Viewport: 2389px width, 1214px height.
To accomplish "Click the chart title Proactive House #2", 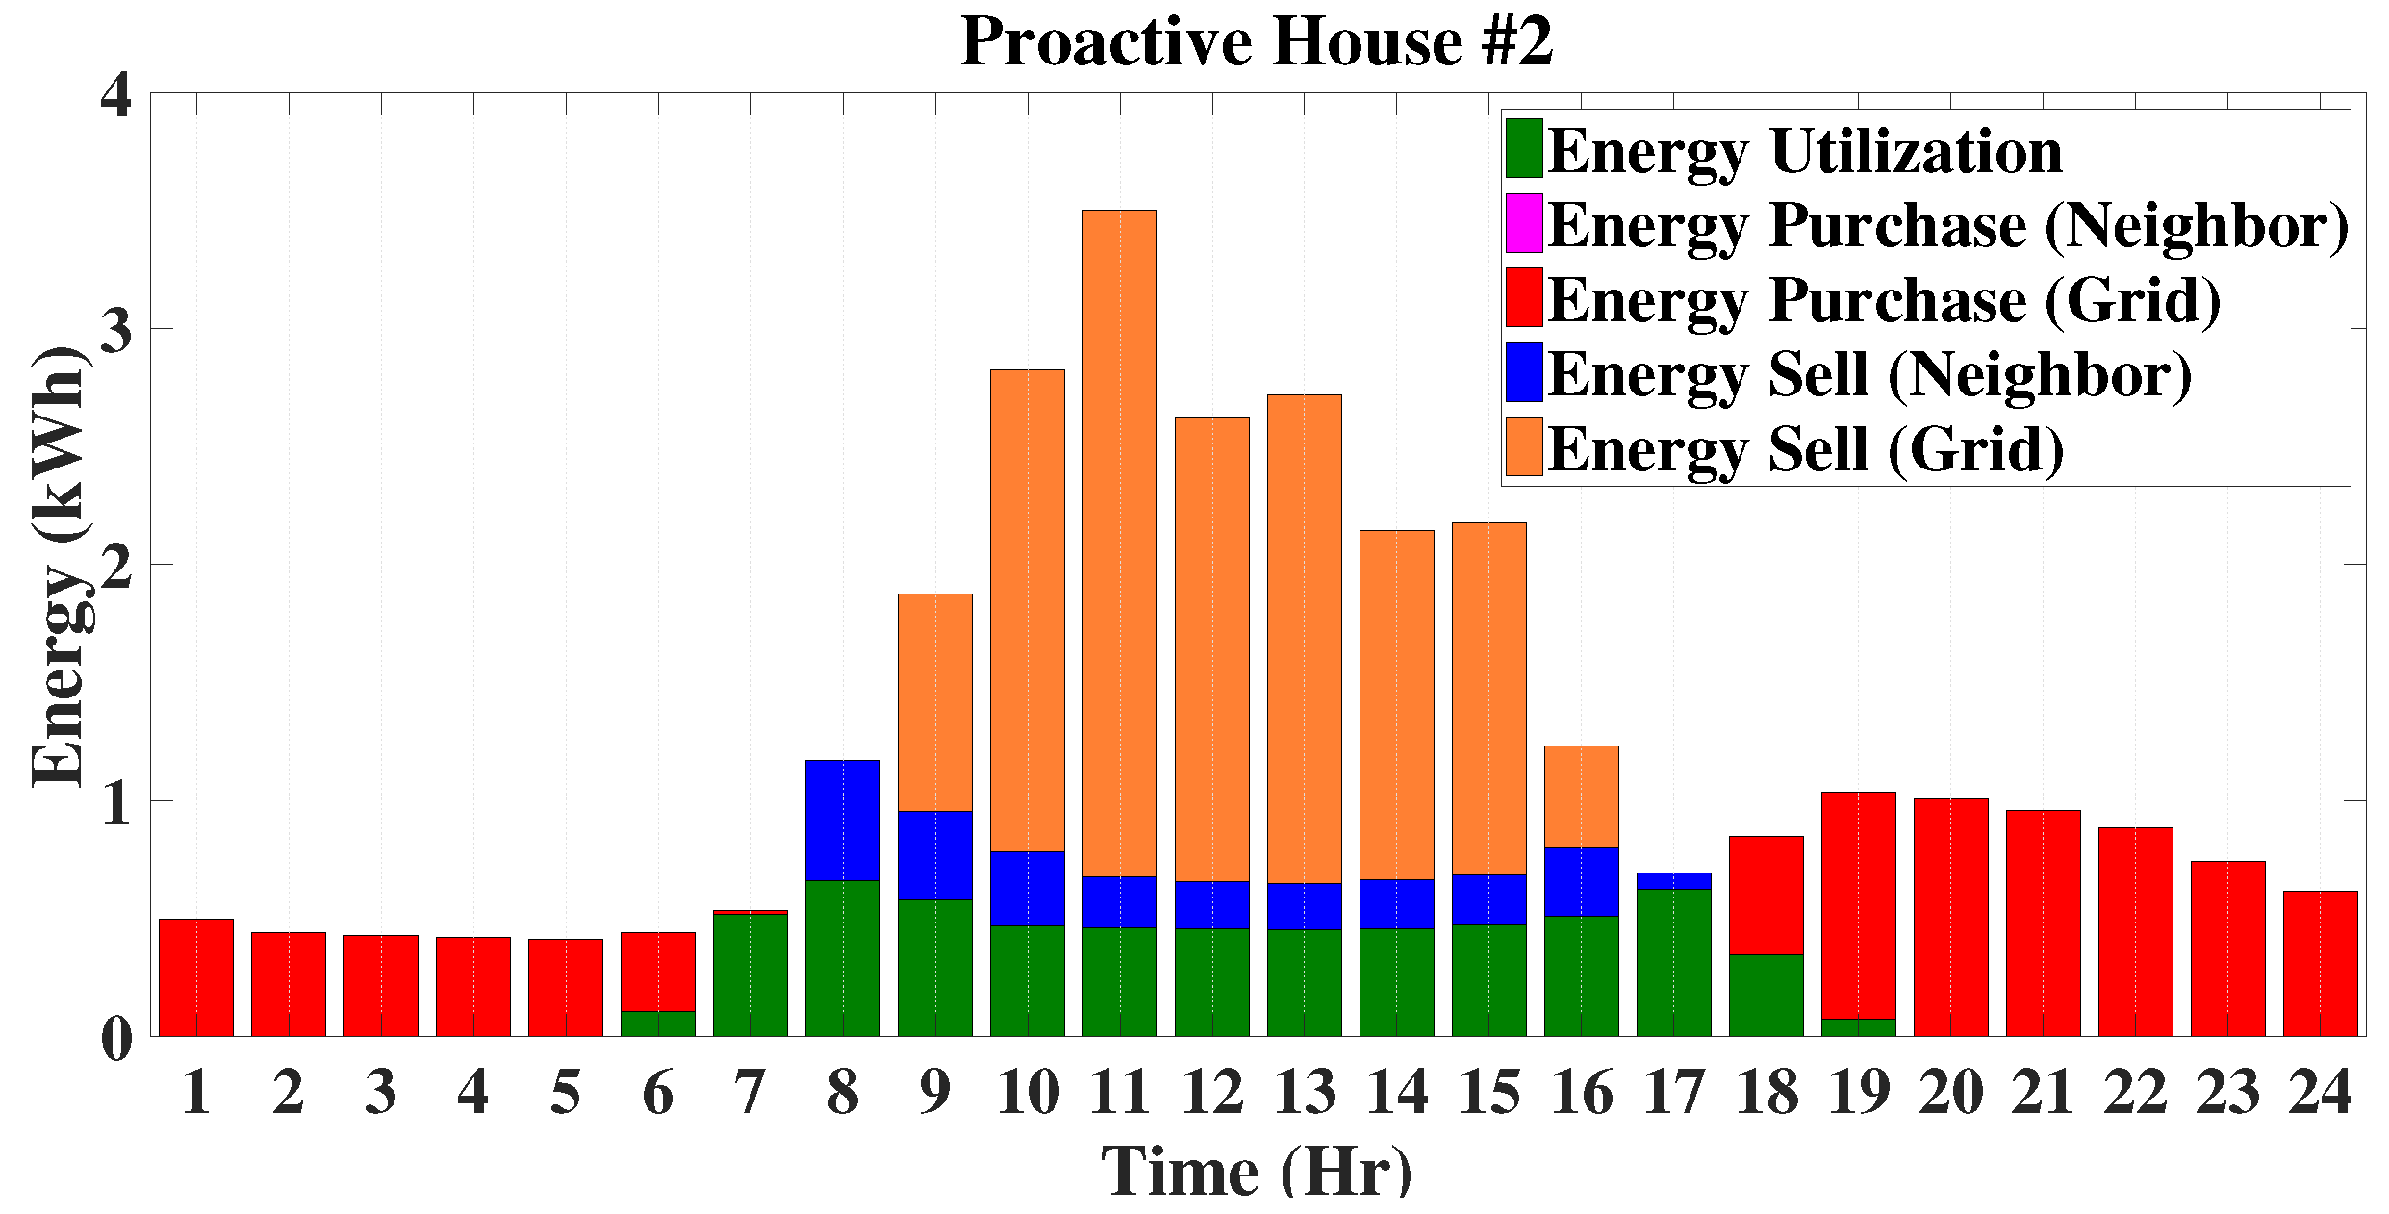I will [1257, 42].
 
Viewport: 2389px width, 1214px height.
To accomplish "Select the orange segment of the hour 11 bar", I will [1119, 544].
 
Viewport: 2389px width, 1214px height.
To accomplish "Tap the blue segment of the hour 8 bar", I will [842, 820].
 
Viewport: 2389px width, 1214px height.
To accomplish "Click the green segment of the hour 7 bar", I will [750, 974].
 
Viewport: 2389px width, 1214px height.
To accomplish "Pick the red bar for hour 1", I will [195, 977].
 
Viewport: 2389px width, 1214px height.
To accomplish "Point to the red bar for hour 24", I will [2320, 964].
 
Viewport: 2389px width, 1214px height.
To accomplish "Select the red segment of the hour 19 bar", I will [1858, 905].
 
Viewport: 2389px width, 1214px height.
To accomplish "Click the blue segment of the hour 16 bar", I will [1581, 881].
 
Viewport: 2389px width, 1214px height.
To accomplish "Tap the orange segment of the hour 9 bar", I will [934, 702].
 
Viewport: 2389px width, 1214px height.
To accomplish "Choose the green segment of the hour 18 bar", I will [1766, 995].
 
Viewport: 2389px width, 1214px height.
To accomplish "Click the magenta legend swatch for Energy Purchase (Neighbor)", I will [1524, 223].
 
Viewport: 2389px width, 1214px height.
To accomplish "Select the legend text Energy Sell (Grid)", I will [1806, 448].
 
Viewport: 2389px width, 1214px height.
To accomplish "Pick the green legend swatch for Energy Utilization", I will [1524, 148].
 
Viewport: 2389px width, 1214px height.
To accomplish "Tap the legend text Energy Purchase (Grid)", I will [1884, 299].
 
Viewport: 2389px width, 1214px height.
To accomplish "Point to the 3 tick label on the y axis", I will [115, 329].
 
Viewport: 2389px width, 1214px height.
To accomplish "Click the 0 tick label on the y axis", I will [115, 1038].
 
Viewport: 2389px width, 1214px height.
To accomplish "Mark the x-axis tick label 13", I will [1305, 1093].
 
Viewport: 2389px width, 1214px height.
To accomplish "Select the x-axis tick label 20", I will [1950, 1093].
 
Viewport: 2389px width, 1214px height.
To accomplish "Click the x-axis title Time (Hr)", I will [1257, 1172].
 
